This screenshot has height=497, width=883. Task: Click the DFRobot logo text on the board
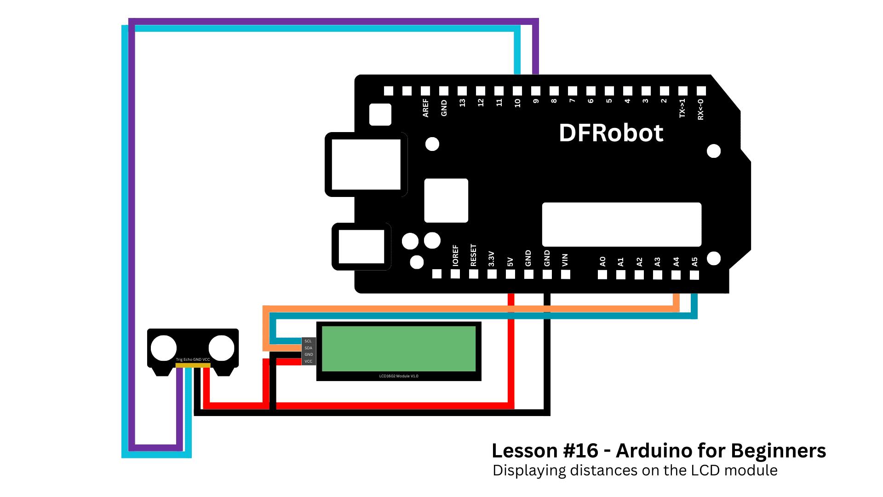(611, 133)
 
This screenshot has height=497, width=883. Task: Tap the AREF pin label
(425, 108)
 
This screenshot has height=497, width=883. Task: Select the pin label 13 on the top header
(462, 103)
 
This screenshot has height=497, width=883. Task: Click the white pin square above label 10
(517, 91)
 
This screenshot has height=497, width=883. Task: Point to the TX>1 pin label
(682, 108)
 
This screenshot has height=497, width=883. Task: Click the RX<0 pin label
(701, 109)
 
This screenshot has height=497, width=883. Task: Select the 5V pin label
(510, 262)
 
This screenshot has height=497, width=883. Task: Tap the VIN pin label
(565, 260)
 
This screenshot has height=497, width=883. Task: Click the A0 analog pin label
(602, 261)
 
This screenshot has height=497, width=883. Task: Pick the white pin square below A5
(694, 275)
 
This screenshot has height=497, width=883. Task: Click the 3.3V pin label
(491, 259)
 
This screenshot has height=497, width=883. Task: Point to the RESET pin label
(473, 255)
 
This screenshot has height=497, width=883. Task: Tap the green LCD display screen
(399, 348)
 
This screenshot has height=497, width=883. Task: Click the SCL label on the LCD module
(308, 341)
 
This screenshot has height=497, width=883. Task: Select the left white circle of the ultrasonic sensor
(164, 348)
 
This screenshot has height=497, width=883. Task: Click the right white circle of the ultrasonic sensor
(222, 348)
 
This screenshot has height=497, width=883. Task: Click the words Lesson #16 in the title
(545, 451)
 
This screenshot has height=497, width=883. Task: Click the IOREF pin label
(455, 255)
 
